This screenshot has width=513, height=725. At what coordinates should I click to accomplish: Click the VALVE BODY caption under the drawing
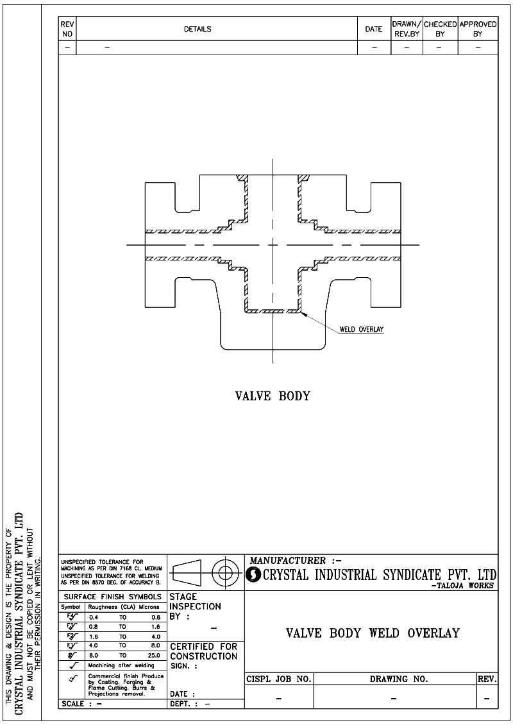(273, 396)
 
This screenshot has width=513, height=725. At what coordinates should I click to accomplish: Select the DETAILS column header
(198, 29)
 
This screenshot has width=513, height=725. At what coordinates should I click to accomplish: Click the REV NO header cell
(67, 29)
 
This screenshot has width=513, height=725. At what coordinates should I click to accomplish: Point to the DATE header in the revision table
(374, 29)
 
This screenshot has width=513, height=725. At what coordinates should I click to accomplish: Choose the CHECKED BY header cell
(440, 29)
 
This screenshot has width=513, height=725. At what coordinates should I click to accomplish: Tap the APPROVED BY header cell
(478, 29)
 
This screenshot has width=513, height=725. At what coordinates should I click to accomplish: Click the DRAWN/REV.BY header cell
(406, 29)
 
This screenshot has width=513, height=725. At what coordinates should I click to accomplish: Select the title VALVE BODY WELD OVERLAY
(373, 633)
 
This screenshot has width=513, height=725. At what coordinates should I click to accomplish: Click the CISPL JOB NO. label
(279, 679)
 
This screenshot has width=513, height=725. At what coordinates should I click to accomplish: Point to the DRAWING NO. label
(398, 679)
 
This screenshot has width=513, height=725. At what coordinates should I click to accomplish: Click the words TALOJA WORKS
(463, 585)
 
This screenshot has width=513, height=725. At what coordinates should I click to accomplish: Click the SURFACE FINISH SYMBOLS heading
(113, 597)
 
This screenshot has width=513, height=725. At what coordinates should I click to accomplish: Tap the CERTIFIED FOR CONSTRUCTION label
(203, 651)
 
